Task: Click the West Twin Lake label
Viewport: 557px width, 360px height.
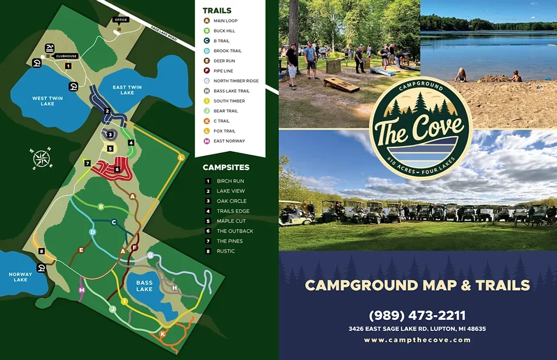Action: (x=47, y=101)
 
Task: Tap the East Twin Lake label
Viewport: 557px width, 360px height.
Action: (x=127, y=90)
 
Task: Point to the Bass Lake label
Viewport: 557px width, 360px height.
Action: (x=145, y=285)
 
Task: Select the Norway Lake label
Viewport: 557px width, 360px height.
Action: (x=20, y=276)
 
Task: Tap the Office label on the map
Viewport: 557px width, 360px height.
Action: (x=120, y=19)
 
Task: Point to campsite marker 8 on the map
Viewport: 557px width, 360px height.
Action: (x=42, y=251)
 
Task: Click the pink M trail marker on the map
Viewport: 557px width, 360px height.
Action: (x=82, y=290)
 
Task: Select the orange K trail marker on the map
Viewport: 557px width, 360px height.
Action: (x=163, y=333)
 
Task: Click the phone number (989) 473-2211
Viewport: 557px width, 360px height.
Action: (x=417, y=315)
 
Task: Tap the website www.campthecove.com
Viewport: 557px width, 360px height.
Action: (x=417, y=340)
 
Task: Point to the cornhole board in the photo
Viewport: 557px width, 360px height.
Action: (x=341, y=85)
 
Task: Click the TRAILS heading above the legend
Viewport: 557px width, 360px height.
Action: (x=217, y=10)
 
